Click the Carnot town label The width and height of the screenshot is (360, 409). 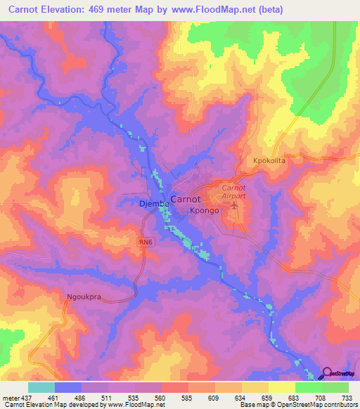188,198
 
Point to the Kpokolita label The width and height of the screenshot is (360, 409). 270,161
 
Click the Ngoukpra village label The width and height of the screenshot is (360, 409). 84,297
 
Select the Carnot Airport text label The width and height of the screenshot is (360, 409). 233,192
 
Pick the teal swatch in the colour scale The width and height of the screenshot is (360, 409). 41,387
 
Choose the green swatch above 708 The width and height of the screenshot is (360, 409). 308,387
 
